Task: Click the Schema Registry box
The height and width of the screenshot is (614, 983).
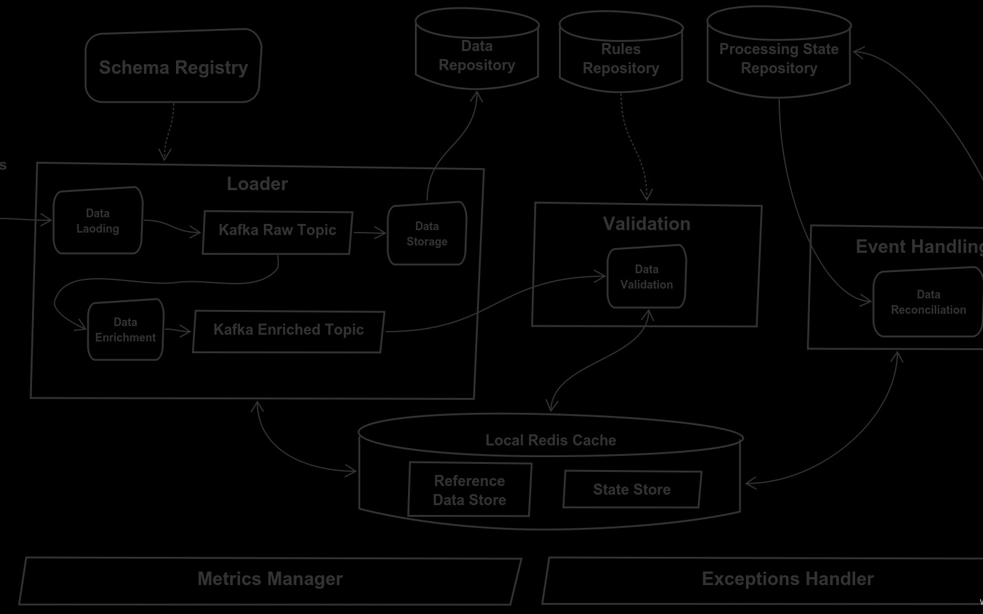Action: (x=173, y=66)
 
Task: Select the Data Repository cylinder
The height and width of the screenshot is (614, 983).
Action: (x=477, y=55)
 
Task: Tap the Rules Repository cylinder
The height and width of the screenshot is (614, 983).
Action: (x=620, y=58)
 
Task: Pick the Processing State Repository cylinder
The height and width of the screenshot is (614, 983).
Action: (x=779, y=58)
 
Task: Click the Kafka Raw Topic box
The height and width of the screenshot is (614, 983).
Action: (x=277, y=232)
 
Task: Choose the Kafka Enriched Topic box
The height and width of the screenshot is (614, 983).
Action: (x=288, y=331)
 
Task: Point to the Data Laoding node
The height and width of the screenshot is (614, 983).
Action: (x=98, y=221)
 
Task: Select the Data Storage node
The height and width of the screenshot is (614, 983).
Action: (x=427, y=234)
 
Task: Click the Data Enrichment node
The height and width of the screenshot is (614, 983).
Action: (x=126, y=330)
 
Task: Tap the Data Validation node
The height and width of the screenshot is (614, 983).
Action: (x=646, y=277)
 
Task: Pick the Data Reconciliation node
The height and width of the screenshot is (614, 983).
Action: (x=928, y=302)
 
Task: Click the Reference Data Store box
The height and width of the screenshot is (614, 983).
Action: (x=470, y=490)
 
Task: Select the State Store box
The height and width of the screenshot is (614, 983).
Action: (x=632, y=490)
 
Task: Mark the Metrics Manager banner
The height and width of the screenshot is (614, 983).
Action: (x=270, y=580)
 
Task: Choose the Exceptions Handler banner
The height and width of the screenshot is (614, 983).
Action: (x=787, y=580)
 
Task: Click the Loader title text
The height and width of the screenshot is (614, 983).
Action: (x=257, y=184)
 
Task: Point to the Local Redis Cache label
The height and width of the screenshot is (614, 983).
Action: (x=550, y=441)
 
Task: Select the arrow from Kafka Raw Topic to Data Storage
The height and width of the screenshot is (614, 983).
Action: (x=369, y=233)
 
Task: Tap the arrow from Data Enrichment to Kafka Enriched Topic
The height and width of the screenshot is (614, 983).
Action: (x=178, y=331)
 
